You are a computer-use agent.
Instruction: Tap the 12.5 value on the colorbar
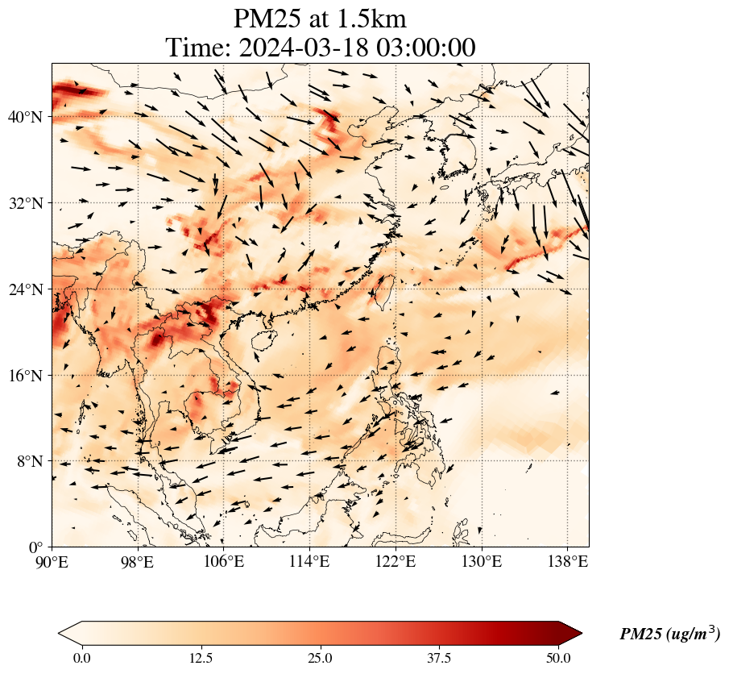click(x=201, y=658)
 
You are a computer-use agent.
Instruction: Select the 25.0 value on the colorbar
click(x=321, y=658)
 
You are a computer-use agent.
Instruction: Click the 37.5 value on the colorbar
click(x=440, y=658)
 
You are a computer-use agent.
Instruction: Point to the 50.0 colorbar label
click(x=559, y=658)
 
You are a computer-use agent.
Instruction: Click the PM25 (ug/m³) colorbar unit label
click(x=669, y=634)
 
